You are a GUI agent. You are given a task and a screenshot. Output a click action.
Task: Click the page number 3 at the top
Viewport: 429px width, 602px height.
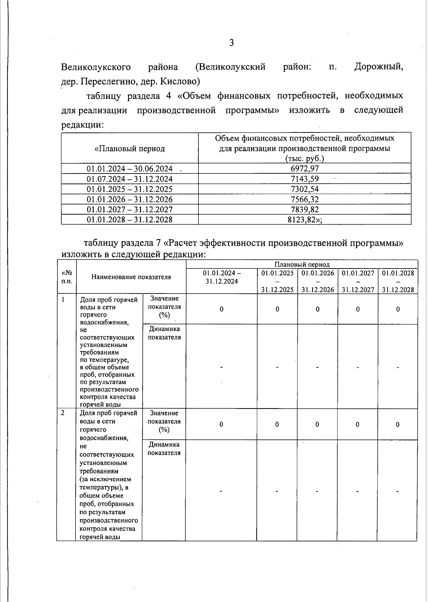tap(231, 43)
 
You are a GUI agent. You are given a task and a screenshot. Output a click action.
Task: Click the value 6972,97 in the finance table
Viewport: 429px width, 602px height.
tap(305, 169)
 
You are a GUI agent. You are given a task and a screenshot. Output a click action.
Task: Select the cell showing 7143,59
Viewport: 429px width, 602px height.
tap(305, 179)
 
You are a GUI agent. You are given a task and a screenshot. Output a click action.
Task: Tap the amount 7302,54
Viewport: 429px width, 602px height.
tap(305, 189)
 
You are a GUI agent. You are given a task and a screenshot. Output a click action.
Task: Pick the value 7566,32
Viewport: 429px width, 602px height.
tap(305, 199)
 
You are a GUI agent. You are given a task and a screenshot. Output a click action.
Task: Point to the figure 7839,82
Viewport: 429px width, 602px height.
tap(305, 209)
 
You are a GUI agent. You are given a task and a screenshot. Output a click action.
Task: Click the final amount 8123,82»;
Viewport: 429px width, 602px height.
tap(305, 220)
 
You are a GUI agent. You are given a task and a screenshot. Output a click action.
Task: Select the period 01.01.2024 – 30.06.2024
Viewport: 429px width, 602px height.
tap(129, 169)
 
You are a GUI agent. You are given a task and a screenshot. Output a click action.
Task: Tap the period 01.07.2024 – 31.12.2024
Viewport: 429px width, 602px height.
tap(129, 179)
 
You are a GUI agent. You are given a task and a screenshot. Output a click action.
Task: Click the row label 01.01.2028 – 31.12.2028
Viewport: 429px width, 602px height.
tap(129, 220)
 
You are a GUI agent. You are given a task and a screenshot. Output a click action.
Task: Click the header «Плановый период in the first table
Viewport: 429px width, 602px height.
tap(129, 149)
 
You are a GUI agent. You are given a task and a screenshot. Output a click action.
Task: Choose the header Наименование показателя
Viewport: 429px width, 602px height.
tap(131, 277)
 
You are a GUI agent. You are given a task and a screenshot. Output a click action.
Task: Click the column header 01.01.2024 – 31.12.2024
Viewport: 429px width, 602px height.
tap(222, 277)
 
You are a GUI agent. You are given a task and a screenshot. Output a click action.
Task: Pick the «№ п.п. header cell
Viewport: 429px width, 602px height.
tap(66, 277)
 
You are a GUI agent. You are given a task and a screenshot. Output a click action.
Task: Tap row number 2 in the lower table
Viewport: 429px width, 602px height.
tap(63, 413)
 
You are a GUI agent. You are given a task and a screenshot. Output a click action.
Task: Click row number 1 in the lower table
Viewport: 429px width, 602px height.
tap(63, 300)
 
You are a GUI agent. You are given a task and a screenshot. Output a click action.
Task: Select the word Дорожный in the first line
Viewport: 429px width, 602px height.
tap(378, 67)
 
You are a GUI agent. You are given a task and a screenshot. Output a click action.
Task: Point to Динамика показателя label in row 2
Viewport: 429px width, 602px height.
tap(164, 448)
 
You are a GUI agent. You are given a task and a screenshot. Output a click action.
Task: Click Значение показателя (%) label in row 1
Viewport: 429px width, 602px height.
tap(164, 306)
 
